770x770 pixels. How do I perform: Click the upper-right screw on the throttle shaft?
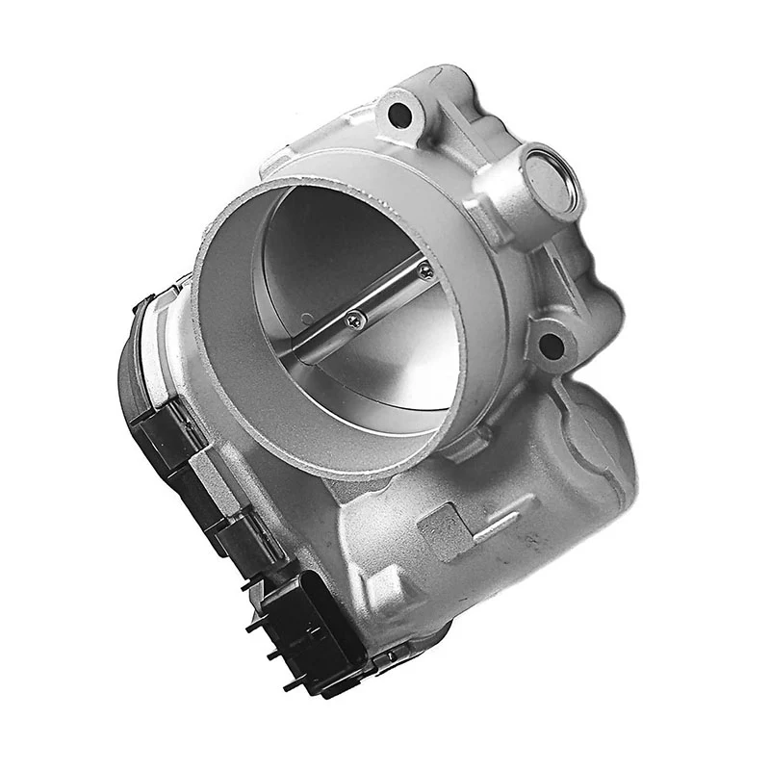[x=424, y=272]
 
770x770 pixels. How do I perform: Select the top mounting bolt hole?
[x=399, y=115]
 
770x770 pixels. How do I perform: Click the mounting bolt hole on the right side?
[x=551, y=344]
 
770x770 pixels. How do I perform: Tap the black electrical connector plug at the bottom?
[x=308, y=626]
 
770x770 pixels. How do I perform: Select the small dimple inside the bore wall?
[x=306, y=319]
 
